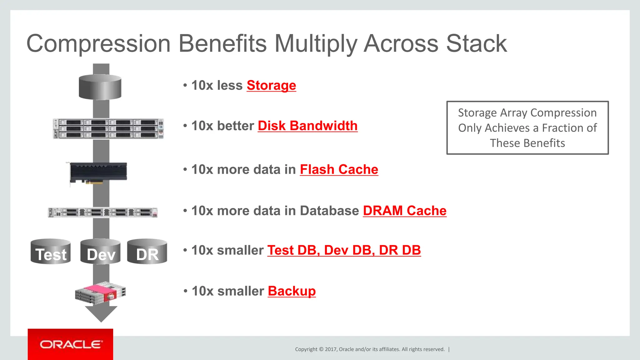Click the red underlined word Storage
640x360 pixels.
pyautogui.click(x=271, y=85)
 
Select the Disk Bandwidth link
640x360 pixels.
pyautogui.click(x=307, y=126)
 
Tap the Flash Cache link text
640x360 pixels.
pyautogui.click(x=339, y=169)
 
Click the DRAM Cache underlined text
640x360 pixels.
pyautogui.click(x=404, y=211)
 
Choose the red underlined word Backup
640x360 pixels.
pyautogui.click(x=292, y=291)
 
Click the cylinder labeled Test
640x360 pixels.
pyautogui.click(x=51, y=252)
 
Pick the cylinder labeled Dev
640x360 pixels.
pyautogui.click(x=101, y=252)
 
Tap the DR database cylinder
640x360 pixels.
pyautogui.click(x=147, y=252)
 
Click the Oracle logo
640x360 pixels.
pyautogui.click(x=71, y=344)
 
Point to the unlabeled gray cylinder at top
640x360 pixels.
pyautogui.click(x=100, y=87)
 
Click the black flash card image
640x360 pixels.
pyautogui.click(x=98, y=172)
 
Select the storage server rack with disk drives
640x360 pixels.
pyautogui.click(x=108, y=128)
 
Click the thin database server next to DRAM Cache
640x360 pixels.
pyautogui.click(x=103, y=212)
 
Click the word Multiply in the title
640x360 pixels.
pyautogui.click(x=316, y=44)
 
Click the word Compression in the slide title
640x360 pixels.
pyautogui.click(x=99, y=44)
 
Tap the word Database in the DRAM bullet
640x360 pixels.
pyautogui.click(x=329, y=211)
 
